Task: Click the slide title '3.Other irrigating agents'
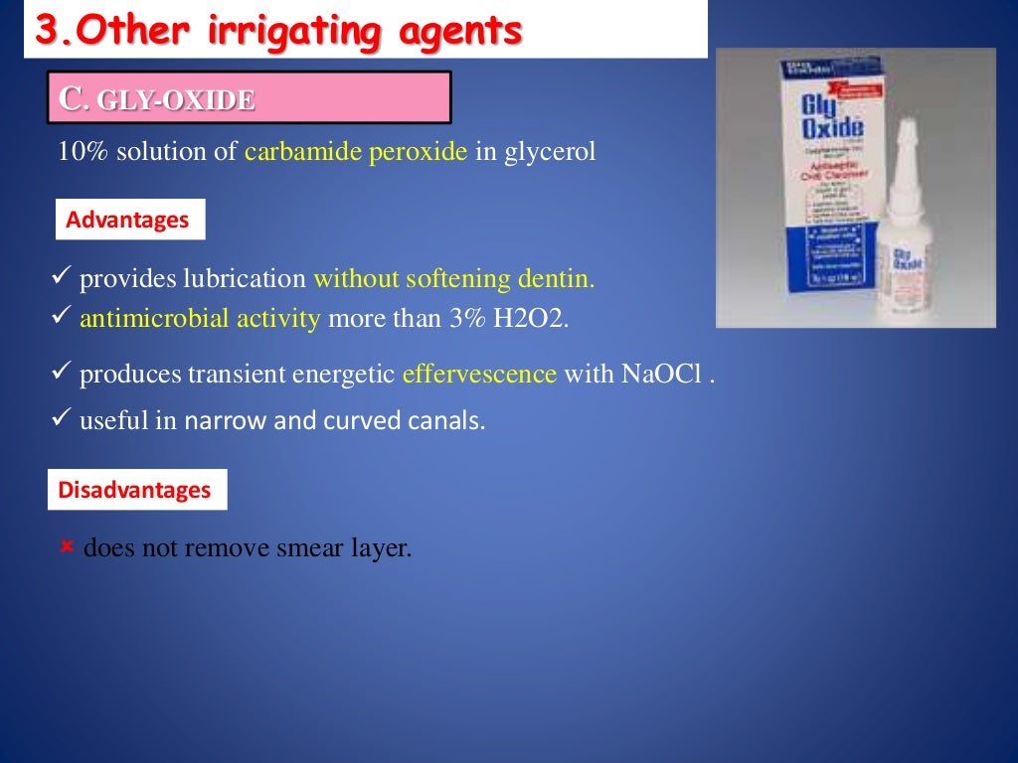pyautogui.click(x=278, y=31)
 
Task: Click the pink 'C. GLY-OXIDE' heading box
pyautogui.click(x=249, y=97)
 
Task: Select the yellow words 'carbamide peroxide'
pyautogui.click(x=355, y=152)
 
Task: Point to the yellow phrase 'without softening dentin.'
pyautogui.click(x=453, y=279)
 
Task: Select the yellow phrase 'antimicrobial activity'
pyautogui.click(x=200, y=318)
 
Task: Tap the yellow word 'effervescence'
pyautogui.click(x=479, y=374)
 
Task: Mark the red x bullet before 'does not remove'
pyautogui.click(x=68, y=546)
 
